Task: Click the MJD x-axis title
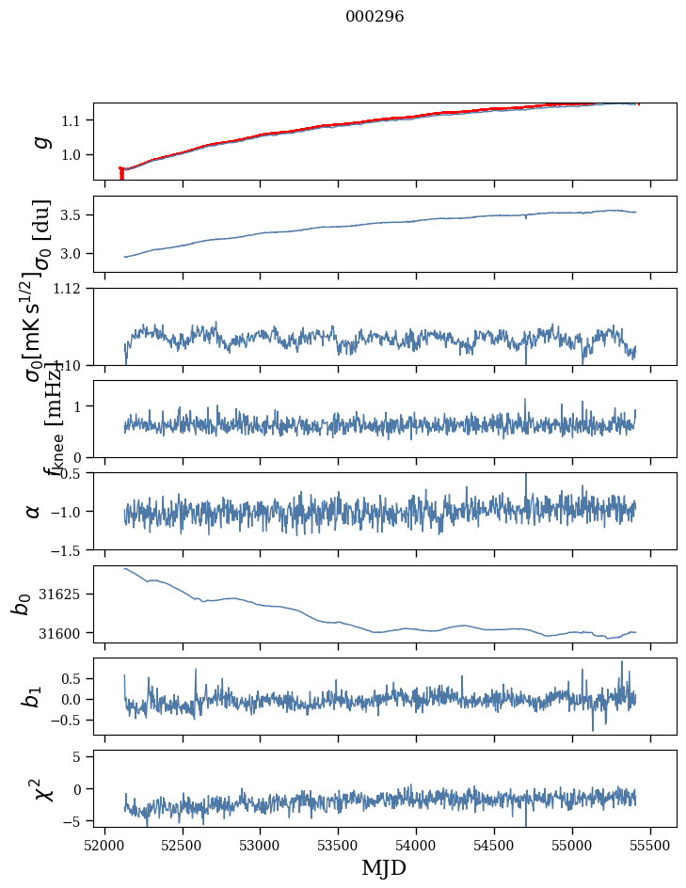(384, 868)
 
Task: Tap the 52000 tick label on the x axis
(104, 845)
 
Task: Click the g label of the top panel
(40, 141)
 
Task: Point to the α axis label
(34, 511)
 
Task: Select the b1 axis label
(32, 696)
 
